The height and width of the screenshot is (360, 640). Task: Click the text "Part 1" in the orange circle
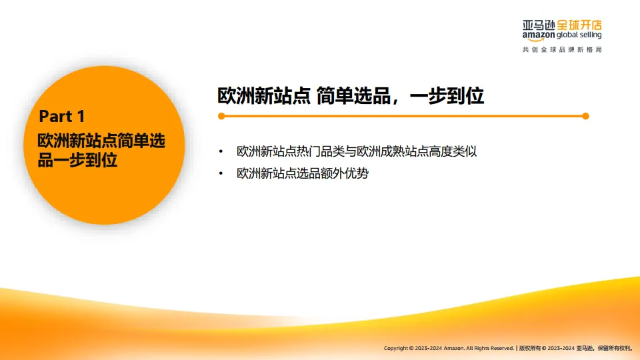coord(62,117)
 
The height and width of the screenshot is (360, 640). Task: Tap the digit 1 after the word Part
coord(81,117)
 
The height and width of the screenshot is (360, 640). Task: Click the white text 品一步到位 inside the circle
coord(77,160)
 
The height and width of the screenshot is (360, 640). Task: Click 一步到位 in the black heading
coord(447,96)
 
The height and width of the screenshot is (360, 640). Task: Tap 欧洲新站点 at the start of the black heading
coord(265,96)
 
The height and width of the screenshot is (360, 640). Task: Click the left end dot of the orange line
coord(221,116)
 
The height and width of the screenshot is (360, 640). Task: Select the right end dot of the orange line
coord(585,116)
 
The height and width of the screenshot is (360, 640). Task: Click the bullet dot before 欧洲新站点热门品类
coord(221,151)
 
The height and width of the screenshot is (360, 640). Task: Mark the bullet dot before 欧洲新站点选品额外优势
coord(221,175)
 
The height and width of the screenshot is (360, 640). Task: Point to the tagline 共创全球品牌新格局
coord(562,50)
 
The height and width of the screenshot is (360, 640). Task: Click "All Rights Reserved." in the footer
coord(490,348)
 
